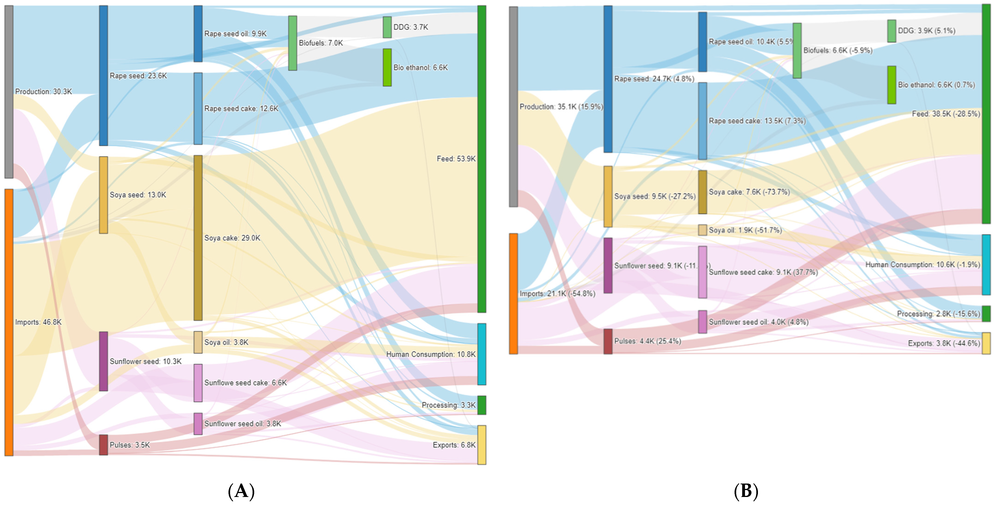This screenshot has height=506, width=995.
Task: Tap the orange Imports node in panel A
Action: [x=9, y=322]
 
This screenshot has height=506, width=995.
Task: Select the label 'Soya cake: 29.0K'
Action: [x=232, y=238]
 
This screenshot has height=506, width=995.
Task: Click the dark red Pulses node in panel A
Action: [x=103, y=445]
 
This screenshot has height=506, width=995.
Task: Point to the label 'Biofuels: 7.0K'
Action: [x=321, y=43]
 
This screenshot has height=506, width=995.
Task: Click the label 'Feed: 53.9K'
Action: [x=456, y=159]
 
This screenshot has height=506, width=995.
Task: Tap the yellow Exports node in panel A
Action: [x=482, y=445]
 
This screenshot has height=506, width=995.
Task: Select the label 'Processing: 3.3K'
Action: [x=448, y=405]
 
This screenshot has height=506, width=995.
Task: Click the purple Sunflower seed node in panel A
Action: [x=103, y=361]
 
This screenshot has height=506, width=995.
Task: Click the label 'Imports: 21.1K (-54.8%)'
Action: [x=557, y=293]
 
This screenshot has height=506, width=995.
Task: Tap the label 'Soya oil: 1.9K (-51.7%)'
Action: [x=745, y=230]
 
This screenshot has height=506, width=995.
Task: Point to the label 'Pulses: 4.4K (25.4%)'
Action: [x=647, y=341]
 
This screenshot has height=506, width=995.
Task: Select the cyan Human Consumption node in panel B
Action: [x=986, y=265]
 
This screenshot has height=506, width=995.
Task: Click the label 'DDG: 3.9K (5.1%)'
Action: [x=926, y=31]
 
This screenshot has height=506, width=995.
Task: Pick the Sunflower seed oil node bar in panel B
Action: [x=703, y=322]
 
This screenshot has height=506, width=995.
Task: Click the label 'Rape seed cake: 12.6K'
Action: [x=241, y=109]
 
